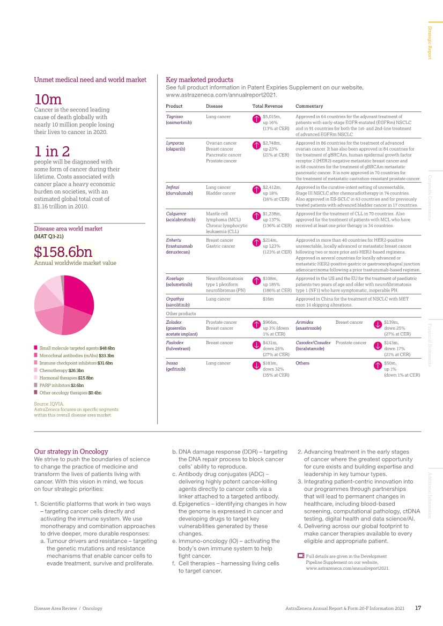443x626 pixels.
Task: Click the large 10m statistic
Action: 48,99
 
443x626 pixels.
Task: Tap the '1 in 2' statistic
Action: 51,151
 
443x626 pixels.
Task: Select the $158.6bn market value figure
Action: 63,251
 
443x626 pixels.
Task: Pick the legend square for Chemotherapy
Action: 36,370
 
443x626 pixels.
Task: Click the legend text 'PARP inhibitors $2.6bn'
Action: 61,385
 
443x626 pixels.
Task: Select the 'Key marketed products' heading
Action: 200,79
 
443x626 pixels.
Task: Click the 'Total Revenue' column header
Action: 267,106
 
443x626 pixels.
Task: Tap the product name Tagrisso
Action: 175,116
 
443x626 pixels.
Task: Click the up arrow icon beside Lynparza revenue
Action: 256,145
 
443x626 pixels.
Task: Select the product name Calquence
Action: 176,214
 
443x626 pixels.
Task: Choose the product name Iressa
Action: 173,363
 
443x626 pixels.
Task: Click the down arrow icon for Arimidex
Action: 378,324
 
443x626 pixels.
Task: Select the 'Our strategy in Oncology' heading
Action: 71,451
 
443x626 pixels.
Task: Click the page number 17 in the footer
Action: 418,608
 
